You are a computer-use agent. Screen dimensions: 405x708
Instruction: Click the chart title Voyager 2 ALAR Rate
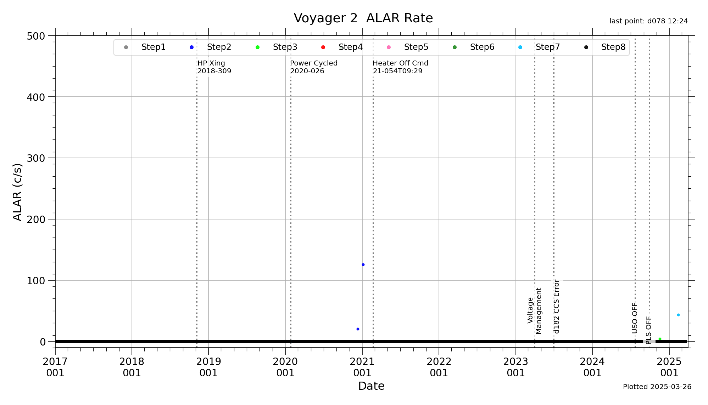[363, 18]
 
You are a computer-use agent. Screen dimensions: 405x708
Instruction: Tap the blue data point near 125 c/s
[363, 265]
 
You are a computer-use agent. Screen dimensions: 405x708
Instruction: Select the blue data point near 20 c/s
[358, 329]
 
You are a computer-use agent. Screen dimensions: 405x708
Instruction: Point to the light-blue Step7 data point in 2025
[678, 315]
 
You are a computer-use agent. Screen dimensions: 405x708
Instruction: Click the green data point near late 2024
[660, 339]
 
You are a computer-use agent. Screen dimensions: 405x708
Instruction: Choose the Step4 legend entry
[350, 47]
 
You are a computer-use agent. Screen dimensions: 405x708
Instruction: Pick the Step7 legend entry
[547, 47]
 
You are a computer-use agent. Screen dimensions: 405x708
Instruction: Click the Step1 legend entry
[153, 47]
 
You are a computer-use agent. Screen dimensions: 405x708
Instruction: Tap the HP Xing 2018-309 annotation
[214, 67]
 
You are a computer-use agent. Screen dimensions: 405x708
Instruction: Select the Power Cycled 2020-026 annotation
[313, 67]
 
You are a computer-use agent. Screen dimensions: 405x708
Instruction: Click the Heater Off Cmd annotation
[400, 67]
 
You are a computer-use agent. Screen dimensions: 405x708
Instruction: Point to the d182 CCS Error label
[557, 307]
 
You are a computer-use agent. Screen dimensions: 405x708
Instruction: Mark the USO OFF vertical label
[635, 318]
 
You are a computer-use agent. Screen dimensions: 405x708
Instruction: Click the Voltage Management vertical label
[535, 310]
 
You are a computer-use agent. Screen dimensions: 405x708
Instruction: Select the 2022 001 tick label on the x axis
[439, 367]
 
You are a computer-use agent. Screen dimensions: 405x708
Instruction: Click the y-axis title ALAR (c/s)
[17, 192]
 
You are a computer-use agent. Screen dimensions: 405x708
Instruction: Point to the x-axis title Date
[371, 386]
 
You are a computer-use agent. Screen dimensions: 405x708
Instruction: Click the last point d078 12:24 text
[648, 21]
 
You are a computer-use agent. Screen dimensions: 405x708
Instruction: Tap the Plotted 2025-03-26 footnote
[657, 387]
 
